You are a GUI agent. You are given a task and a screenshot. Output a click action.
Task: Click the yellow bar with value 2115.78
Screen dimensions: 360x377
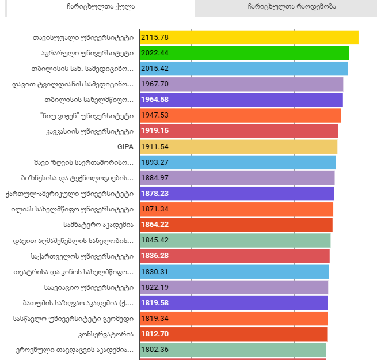(249, 37)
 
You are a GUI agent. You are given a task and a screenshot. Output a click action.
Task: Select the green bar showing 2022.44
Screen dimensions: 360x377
(244, 53)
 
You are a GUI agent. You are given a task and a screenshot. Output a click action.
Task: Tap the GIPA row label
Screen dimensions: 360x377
(125, 146)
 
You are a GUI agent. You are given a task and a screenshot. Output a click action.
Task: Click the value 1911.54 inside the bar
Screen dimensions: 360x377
(153, 146)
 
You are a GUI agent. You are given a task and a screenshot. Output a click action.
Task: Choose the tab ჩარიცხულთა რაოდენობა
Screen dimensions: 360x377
(286, 7)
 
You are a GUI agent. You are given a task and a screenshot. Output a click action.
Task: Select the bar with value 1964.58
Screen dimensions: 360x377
(241, 100)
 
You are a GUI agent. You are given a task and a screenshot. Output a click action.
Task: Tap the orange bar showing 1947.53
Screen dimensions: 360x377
(240, 115)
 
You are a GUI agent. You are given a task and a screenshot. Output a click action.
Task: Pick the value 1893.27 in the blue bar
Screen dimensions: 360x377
(153, 162)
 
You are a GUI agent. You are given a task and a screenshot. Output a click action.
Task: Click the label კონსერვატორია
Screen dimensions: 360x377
(105, 334)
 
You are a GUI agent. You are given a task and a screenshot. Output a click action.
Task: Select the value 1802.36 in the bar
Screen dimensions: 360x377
(153, 349)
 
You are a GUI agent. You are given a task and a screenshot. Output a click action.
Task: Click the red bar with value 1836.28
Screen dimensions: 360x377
(234, 256)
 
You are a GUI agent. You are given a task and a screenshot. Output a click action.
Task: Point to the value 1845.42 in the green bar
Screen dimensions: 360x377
(153, 240)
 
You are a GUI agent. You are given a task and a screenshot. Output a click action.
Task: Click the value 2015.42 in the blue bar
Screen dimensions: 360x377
(153, 69)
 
